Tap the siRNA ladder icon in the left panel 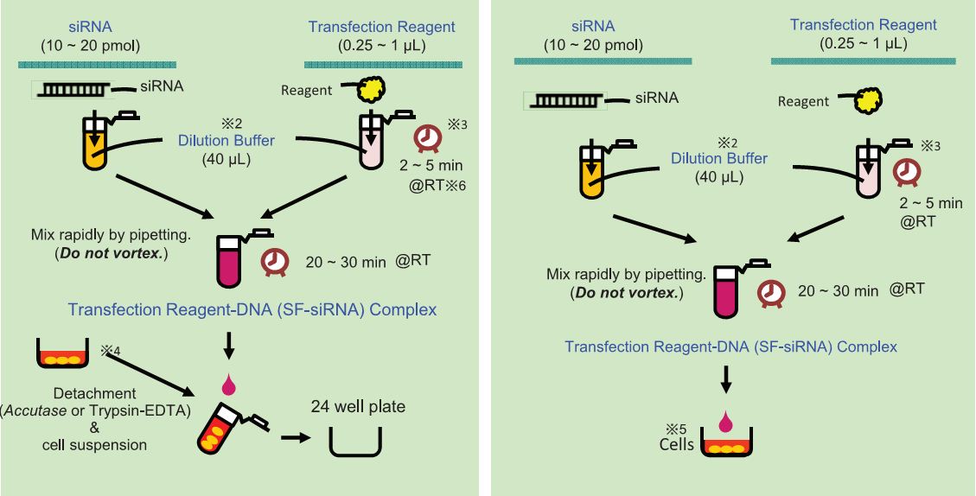coord(73,89)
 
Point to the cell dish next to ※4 coord(63,354)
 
